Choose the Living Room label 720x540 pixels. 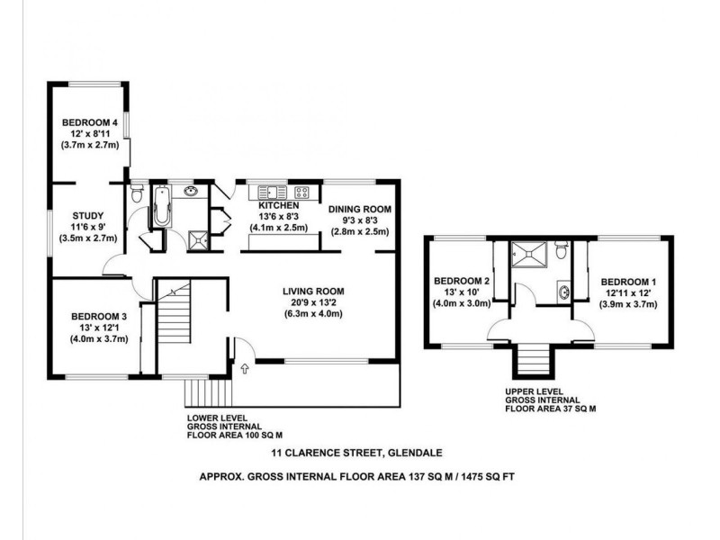coord(313,291)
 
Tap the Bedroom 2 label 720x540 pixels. coord(461,281)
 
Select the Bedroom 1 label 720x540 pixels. coord(627,282)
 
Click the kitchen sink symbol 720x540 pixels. coord(271,191)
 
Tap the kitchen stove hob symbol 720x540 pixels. coord(302,191)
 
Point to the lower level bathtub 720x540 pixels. coord(163,208)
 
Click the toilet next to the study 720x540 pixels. coord(136,193)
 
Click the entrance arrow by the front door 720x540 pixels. coord(244,367)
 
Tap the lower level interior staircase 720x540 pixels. coord(176,325)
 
